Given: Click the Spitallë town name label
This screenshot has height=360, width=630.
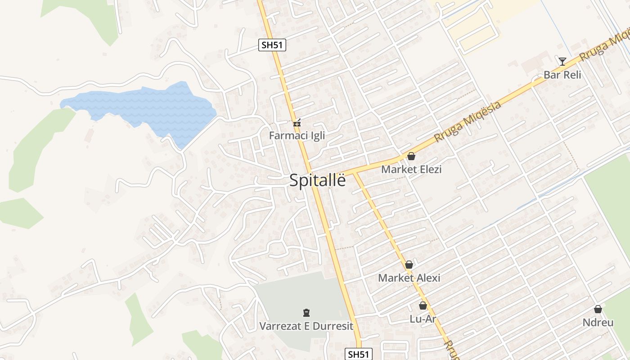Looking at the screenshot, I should pos(318,180).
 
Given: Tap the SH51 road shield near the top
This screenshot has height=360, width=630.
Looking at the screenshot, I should pos(272,45).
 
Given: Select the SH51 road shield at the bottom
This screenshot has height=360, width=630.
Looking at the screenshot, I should pos(359,354).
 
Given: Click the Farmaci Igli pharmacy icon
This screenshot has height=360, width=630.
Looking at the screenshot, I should pos(297,122).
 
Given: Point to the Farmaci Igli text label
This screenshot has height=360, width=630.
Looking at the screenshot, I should pos(297,135).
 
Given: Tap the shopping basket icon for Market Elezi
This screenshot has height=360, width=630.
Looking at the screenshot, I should pos(411,157).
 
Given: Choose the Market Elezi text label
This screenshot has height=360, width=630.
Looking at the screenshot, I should pos(411,170).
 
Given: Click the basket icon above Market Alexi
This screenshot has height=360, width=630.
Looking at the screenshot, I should pos(409,265).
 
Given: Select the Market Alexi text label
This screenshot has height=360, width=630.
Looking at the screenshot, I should pos(409,278).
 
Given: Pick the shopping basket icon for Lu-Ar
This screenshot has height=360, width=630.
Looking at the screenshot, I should pos(423,306).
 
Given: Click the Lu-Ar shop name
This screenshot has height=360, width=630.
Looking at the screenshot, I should pos(423,319).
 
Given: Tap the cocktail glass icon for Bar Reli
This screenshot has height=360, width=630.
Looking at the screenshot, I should pos(562,62).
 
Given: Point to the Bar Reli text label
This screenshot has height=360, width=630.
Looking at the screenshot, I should pos(562,75).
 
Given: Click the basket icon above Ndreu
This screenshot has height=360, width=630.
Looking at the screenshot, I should pos(598,310).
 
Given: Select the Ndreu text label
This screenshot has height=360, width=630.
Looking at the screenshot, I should pos(598,323).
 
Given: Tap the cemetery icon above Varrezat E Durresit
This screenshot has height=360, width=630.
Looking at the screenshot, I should pos(306,313).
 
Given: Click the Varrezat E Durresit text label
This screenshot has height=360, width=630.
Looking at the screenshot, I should pos(306,326).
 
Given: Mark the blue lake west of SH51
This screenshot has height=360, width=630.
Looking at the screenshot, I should pos(148,110).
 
